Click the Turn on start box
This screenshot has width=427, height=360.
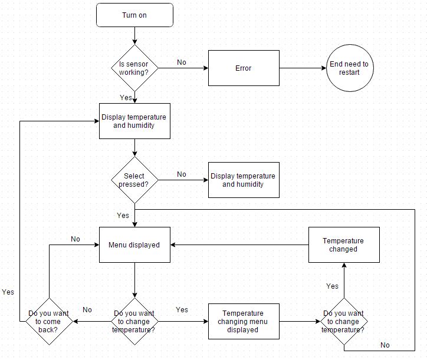pos(134,15)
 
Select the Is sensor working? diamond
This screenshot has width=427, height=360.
pos(134,68)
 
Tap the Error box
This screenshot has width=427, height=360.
pos(243,68)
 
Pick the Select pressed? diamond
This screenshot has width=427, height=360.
pos(134,180)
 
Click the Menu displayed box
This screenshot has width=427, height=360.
pos(134,245)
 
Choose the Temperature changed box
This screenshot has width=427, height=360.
pos(344,245)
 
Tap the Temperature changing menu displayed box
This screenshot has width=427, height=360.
pos(243,322)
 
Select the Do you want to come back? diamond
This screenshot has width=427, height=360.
pos(48,322)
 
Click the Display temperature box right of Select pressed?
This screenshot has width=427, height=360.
pos(243,180)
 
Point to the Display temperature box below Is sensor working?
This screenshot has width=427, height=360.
pos(134,121)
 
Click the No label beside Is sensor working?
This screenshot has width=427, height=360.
pos(182,62)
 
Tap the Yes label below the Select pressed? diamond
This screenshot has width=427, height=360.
pos(123,216)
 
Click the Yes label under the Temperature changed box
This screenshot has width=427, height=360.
pos(332,286)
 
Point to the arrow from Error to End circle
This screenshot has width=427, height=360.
pos(303,68)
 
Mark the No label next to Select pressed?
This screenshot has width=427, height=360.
pos(182,174)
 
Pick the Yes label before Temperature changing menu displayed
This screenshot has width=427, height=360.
pos(182,310)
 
